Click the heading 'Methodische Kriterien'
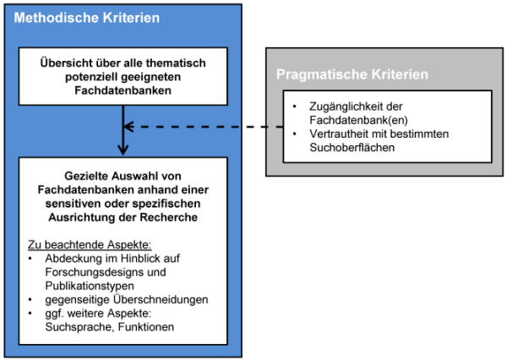coord(86,18)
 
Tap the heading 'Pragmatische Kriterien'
coord(352,74)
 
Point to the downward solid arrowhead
coord(123,150)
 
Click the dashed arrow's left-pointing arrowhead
coord(128,127)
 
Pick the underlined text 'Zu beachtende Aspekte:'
coord(90,245)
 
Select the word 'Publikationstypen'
coord(90,286)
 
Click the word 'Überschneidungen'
coord(161,300)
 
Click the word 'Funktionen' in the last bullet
coord(146,327)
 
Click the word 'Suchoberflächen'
coord(352,148)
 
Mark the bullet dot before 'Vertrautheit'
coord(294,134)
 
